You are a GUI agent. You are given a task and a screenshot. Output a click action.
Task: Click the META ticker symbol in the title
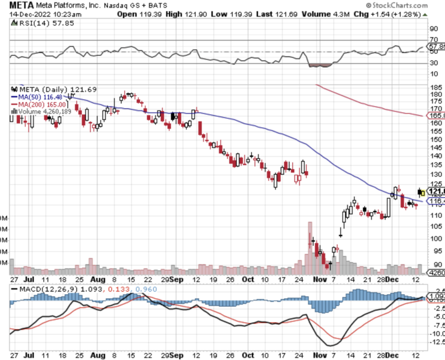pyautogui.click(x=21, y=5)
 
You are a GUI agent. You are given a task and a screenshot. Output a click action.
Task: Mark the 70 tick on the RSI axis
pyautogui.click(x=435, y=40)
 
